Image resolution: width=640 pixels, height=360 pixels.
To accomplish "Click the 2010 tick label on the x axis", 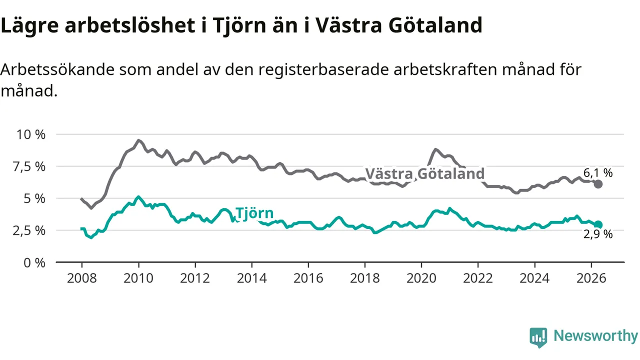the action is (138, 278).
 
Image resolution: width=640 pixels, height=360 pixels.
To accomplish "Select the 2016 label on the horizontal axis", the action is (308, 278).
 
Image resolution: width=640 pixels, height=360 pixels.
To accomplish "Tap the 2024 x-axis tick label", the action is (534, 278).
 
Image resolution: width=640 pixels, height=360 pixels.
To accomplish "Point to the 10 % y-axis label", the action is (31, 134).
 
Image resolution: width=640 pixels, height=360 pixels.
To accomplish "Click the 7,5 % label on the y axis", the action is (29, 166).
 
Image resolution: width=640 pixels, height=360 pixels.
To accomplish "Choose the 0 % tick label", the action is (34, 262).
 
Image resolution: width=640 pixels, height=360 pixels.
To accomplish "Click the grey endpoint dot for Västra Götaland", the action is (598, 184).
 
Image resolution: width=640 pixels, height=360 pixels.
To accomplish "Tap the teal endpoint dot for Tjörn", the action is (598, 225).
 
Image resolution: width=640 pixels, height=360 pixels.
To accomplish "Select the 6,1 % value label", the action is (598, 172).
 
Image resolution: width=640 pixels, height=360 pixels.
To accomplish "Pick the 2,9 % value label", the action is (598, 234).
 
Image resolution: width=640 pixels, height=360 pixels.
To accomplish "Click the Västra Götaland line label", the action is (425, 173).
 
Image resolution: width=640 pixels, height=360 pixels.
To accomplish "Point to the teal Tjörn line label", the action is (254, 213).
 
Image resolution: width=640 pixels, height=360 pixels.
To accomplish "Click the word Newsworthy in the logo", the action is (596, 335).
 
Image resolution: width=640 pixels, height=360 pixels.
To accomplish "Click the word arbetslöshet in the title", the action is (130, 25).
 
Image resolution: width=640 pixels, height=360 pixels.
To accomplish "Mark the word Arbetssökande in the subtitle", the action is (57, 69).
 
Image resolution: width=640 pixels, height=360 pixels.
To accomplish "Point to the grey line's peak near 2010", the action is (138, 140).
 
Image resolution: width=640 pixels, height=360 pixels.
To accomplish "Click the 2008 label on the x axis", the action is (81, 278).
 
